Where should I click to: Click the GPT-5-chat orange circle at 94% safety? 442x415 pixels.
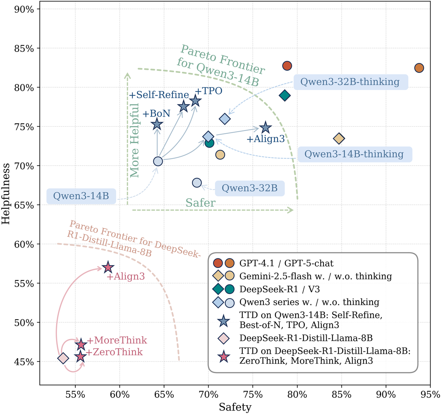(419, 68)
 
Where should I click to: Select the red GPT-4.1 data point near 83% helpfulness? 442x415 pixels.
(287, 66)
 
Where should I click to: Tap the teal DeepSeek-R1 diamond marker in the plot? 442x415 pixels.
(285, 95)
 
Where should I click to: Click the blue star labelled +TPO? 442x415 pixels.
(195, 101)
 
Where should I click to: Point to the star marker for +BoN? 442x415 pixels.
(157, 124)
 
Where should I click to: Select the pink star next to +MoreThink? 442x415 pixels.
(81, 344)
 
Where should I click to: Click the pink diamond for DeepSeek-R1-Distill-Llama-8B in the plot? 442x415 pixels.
(63, 358)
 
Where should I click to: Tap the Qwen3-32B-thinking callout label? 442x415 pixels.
(350, 82)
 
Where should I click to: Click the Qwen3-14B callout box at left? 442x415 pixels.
(81, 196)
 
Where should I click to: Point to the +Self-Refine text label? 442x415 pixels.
(159, 95)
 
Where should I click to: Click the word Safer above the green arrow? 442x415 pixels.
(200, 203)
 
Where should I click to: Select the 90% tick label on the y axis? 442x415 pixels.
(24, 9)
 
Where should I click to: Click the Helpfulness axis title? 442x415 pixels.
(7, 194)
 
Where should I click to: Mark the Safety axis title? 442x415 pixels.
(235, 407)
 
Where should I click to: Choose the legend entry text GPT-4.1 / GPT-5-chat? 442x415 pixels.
(286, 264)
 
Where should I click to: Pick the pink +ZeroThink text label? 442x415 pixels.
(114, 352)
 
